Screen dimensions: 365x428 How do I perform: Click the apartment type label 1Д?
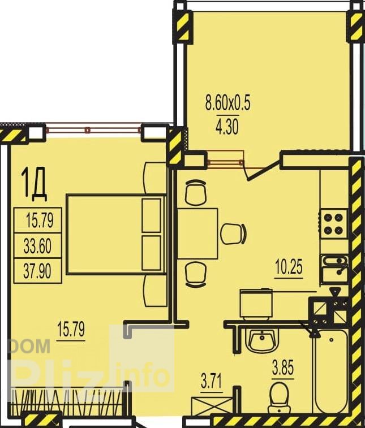pyautogui.click(x=35, y=184)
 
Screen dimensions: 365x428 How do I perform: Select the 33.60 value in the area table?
pyautogui.click(x=37, y=246)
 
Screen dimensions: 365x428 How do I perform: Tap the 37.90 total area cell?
pyautogui.click(x=37, y=271)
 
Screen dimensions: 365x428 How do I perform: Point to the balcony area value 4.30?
pyautogui.click(x=227, y=127)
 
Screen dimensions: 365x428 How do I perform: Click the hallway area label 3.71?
pyautogui.click(x=211, y=381)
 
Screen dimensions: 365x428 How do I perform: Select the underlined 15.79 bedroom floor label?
pyautogui.click(x=71, y=329)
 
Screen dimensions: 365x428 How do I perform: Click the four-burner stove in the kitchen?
pyautogui.click(x=333, y=224)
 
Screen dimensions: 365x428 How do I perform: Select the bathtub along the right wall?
pyautogui.click(x=330, y=372)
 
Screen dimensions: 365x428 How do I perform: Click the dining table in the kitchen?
pyautogui.click(x=197, y=234)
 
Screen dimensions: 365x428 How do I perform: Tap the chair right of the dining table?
pyautogui.click(x=234, y=234)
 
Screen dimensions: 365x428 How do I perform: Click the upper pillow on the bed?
pyautogui.click(x=151, y=215)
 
